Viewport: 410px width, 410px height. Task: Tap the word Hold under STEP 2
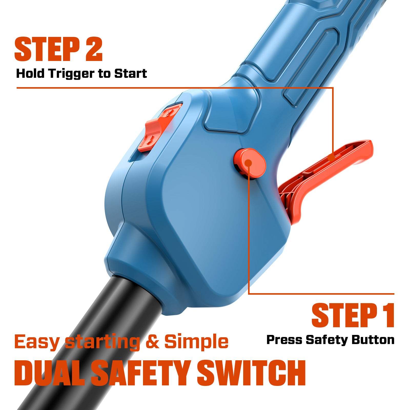point(31,74)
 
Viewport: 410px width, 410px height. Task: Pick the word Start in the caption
point(130,74)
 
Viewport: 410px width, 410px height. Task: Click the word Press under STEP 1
point(284,340)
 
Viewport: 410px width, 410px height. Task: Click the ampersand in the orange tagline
point(153,342)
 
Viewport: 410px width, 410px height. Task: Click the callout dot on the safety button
point(248,163)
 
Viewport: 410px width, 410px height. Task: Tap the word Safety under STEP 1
point(327,340)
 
